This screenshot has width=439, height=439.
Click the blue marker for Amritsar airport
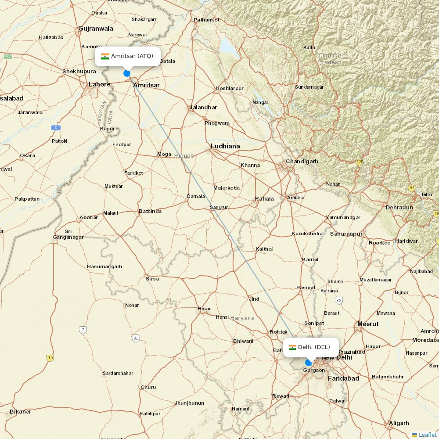127,73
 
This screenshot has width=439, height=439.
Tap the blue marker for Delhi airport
309,363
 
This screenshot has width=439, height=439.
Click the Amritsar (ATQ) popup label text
132,56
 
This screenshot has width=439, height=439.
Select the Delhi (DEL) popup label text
314,347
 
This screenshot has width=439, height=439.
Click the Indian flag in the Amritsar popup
105,56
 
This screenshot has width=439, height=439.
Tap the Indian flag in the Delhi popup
292,347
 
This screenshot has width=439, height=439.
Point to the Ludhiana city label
225,146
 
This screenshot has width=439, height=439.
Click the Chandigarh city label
302,162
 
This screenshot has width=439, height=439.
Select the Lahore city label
100,84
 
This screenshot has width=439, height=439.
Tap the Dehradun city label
399,207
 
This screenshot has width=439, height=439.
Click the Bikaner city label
21,412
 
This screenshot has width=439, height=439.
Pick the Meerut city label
368,324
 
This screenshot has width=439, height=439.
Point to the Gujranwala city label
96,29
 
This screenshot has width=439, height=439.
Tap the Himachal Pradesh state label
330,59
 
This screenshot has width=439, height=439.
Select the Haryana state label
242,318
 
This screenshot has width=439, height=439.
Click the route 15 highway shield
50,358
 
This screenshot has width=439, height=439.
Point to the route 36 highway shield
136,338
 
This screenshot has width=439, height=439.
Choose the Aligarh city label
399,423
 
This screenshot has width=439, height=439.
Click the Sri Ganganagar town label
68,234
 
